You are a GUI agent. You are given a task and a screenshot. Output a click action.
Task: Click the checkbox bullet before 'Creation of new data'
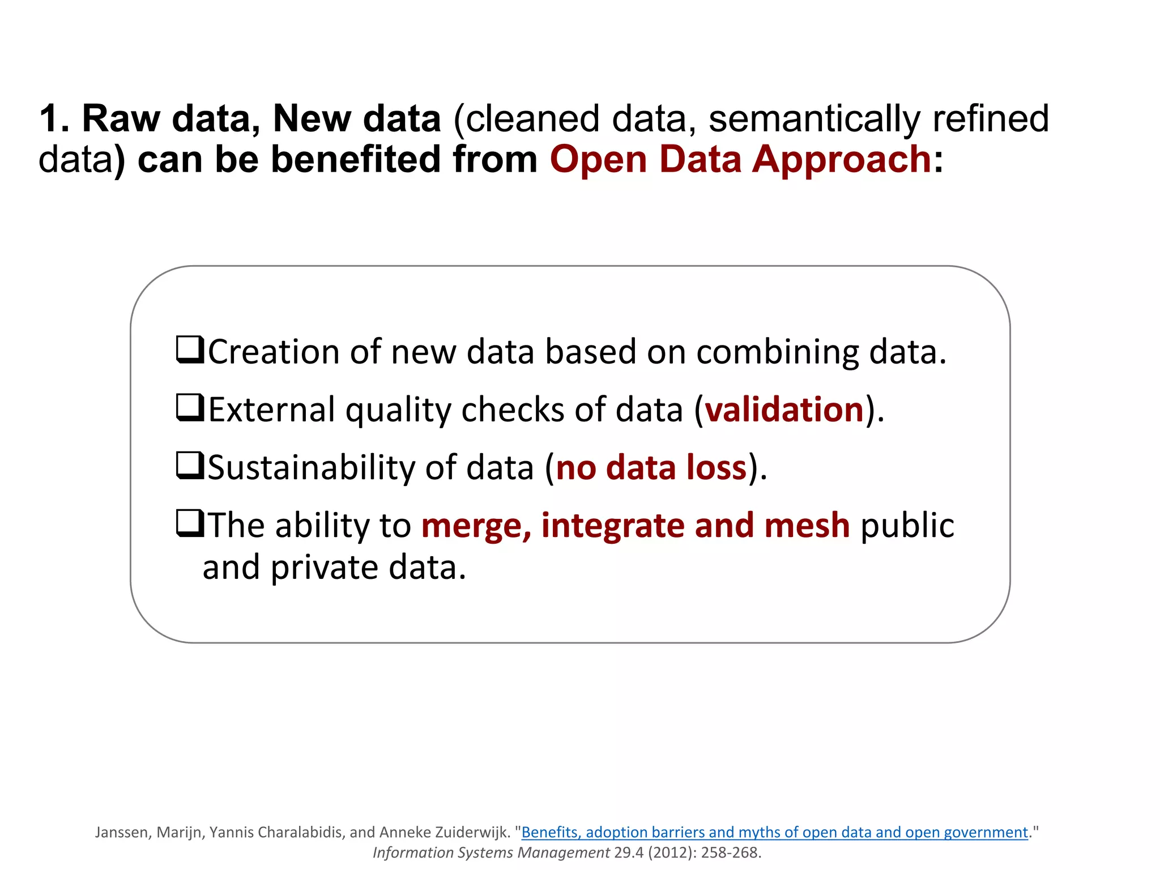coord(190,349)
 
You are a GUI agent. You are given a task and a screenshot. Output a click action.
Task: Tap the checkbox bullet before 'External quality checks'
coord(190,408)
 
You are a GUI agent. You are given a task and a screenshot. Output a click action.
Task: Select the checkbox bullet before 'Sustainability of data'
coord(190,466)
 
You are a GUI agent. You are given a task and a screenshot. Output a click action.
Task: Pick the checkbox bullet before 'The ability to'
coord(190,523)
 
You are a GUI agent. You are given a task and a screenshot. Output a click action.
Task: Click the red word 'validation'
coord(784,409)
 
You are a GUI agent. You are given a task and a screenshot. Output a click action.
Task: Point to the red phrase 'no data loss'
coord(651,468)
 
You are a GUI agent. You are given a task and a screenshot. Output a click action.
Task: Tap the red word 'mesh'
coord(807,526)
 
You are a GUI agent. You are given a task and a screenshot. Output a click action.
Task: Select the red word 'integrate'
coord(612,526)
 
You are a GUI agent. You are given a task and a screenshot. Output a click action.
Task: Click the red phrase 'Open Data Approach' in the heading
coord(740,159)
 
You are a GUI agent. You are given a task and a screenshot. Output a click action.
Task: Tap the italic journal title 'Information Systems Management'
coord(491,852)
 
